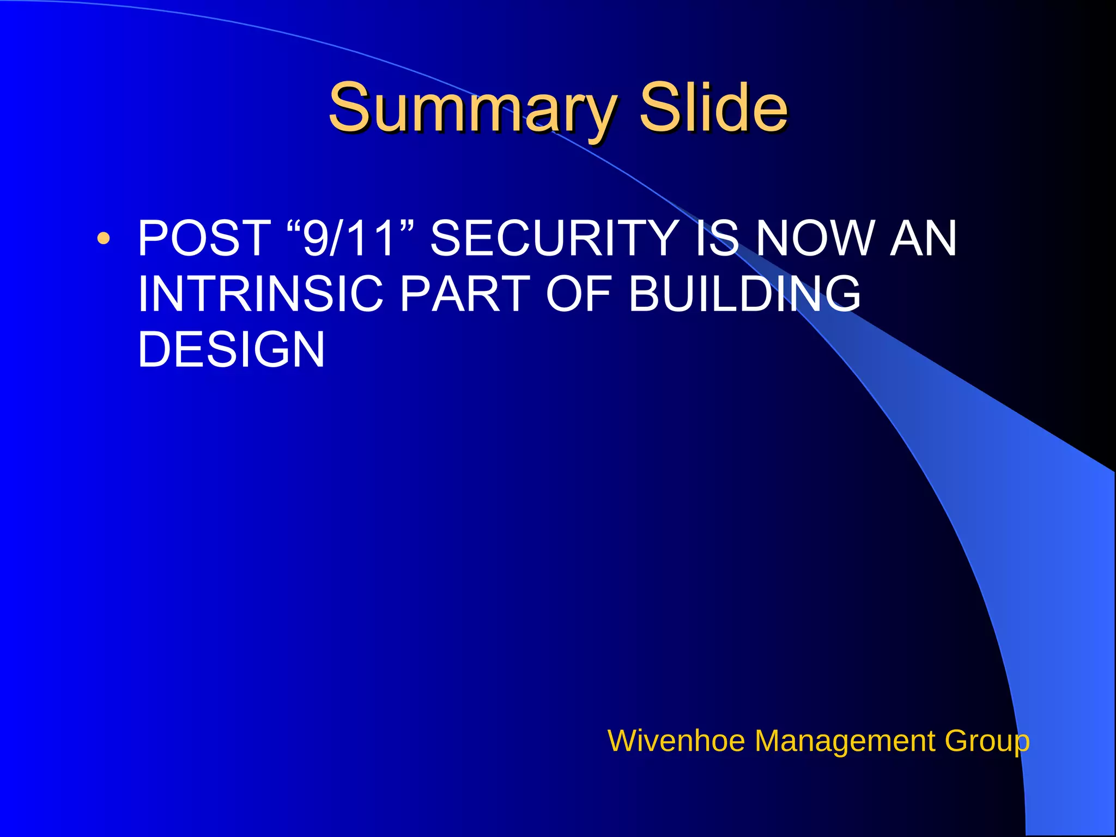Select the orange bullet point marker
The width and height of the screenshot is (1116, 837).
103,238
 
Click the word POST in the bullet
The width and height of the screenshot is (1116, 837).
204,238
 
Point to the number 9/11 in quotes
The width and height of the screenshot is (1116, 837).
349,238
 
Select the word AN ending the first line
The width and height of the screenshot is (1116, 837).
923,238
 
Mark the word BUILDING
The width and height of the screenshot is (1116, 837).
744,294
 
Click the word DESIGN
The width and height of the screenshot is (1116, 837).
231,349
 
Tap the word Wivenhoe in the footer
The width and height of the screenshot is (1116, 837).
676,741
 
